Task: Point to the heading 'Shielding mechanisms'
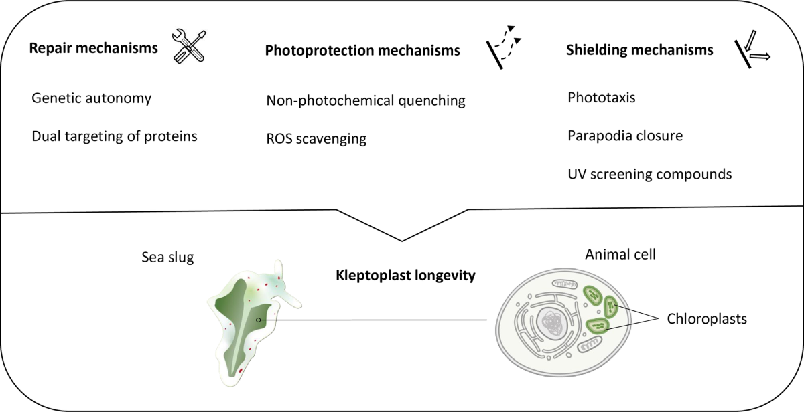click(x=639, y=49)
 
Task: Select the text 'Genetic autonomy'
click(x=92, y=98)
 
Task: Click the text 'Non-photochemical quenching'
click(x=366, y=101)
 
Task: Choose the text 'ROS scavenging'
click(x=316, y=139)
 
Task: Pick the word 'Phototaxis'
click(x=601, y=98)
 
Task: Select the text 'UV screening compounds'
click(x=649, y=174)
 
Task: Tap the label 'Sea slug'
click(x=167, y=256)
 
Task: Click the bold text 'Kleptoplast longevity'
click(x=405, y=275)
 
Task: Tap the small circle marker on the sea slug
click(x=259, y=320)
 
